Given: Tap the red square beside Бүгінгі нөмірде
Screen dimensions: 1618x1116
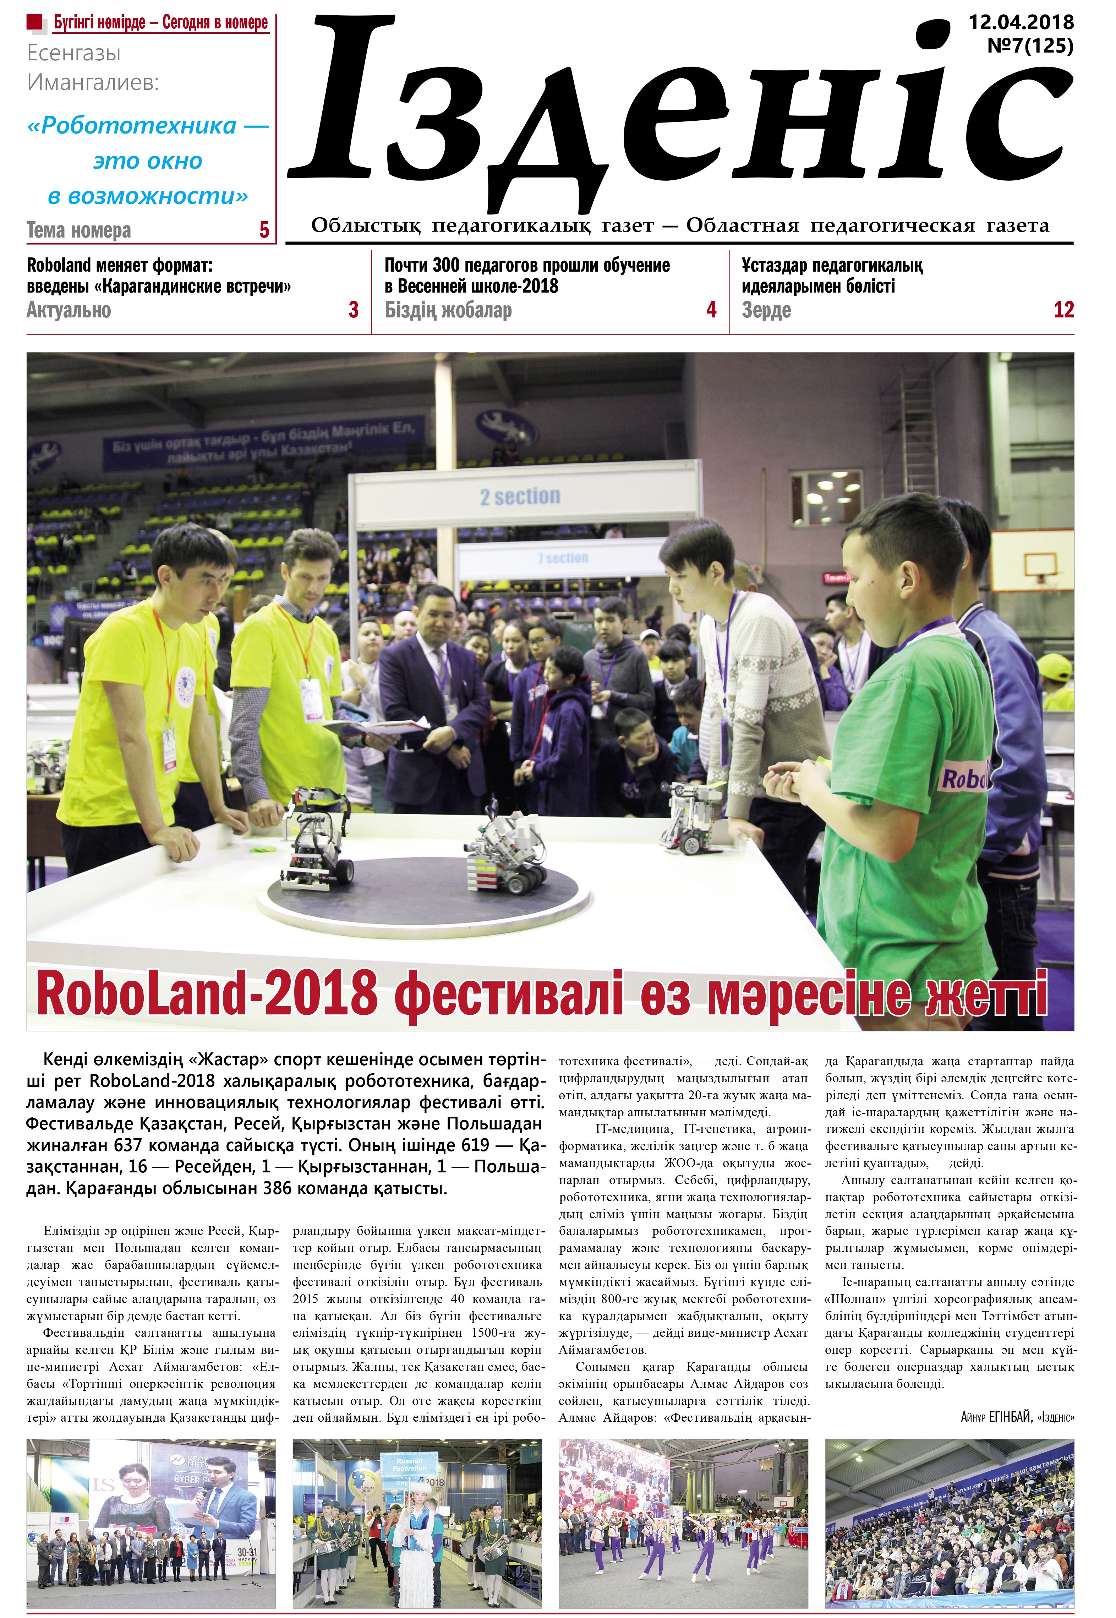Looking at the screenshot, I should [x=35, y=22].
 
